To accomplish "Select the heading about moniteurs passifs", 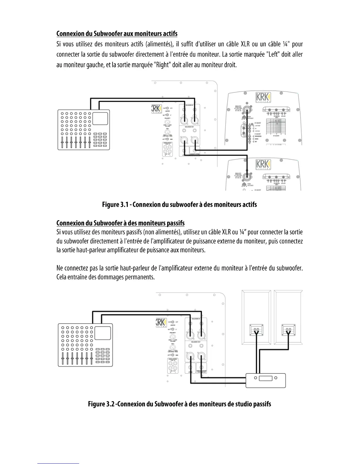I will click(120, 223).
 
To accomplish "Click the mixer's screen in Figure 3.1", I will click(100, 119).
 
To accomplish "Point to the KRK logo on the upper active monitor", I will click(263, 97).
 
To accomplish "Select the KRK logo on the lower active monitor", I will click(263, 164).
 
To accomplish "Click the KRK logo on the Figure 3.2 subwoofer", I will click(161, 322).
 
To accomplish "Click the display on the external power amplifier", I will click(266, 378).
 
